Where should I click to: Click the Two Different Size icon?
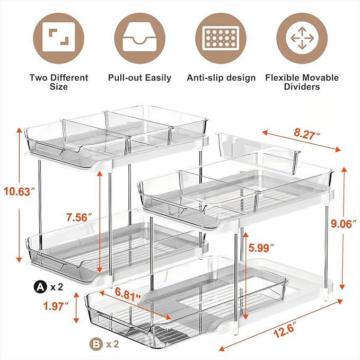click(59, 38)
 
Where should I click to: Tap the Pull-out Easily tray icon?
click(139, 38)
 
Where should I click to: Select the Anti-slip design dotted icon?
click(221, 38)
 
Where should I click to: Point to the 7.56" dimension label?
click(76, 218)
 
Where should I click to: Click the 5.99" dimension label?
click(261, 247)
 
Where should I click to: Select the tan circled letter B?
click(94, 343)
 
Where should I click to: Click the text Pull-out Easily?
click(139, 78)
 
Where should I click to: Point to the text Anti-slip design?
click(221, 78)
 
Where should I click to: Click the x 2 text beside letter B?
click(112, 344)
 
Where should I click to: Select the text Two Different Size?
click(59, 82)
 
